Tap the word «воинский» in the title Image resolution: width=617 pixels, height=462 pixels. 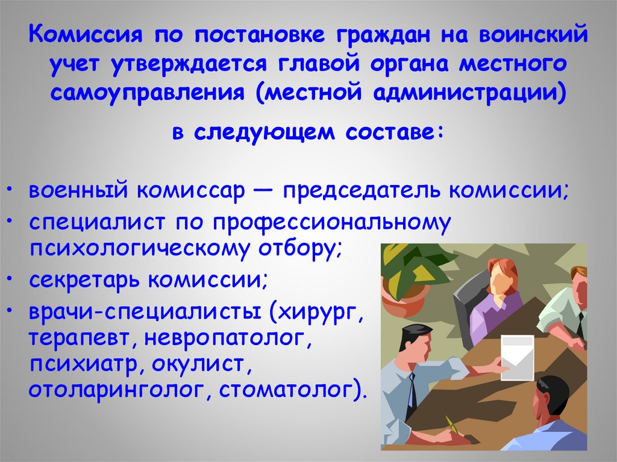tap(533, 34)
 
